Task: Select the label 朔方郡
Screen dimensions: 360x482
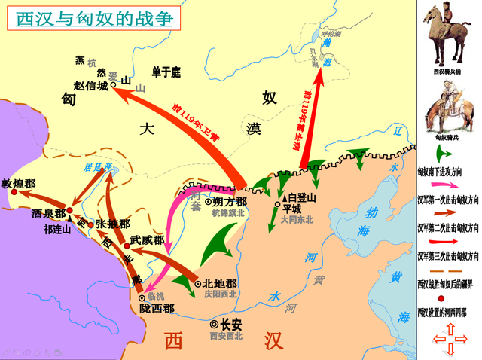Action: [x=229, y=202]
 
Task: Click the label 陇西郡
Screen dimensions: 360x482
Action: [x=157, y=309]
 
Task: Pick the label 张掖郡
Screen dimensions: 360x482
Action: [x=113, y=224]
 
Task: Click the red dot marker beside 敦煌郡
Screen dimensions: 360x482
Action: [x=14, y=194]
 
